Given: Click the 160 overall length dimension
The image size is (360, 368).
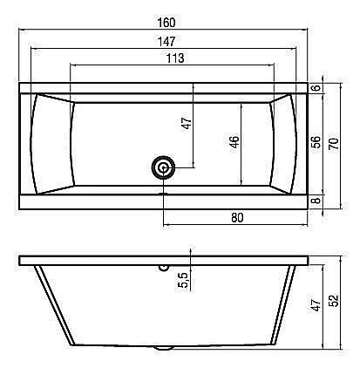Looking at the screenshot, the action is point(166,23).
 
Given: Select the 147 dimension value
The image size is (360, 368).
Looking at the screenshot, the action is point(166,42).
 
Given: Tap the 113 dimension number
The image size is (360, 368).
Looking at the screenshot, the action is point(175,58).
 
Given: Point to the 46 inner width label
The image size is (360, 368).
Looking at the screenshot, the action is point(234,141).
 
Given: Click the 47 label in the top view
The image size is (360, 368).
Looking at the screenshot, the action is point(187,123).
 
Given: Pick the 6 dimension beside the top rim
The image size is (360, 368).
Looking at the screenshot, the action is point(317,87).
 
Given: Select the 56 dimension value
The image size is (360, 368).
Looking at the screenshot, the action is point(316,142).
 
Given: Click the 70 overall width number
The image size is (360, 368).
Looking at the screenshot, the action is point(334,144).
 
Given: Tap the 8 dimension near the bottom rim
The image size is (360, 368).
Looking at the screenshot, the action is point(317,201).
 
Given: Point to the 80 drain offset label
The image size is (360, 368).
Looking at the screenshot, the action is point(237,217).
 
